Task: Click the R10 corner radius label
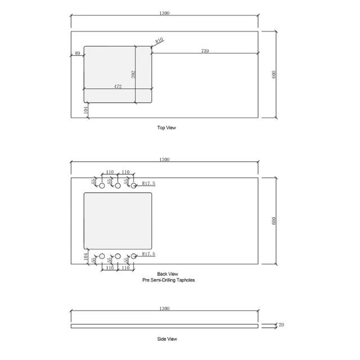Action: [159, 40]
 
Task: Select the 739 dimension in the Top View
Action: [205, 51]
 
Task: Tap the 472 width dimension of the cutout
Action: [118, 86]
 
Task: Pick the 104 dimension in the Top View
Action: [86, 110]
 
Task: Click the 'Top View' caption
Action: [166, 128]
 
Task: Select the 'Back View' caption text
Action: [168, 274]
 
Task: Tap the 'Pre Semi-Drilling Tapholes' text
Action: [168, 280]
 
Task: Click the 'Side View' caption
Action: [167, 339]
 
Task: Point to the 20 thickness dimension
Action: [281, 325]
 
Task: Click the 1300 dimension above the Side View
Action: [164, 308]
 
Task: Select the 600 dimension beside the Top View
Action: [274, 74]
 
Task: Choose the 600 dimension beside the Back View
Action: [274, 220]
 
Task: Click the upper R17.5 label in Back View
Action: [148, 183]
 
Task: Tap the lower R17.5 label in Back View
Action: [148, 254]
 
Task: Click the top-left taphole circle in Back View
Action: [102, 186]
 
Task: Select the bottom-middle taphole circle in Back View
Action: [118, 256]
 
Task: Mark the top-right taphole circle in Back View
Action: [134, 186]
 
